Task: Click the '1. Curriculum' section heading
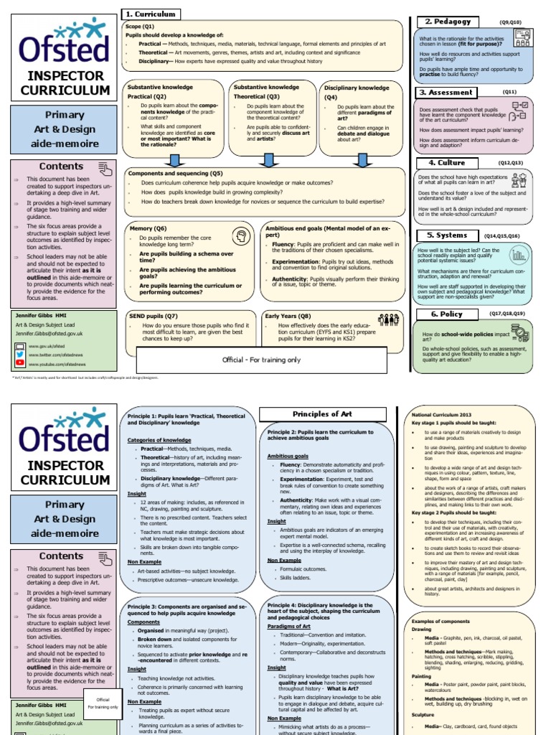[x=151, y=14]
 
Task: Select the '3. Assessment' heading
[x=446, y=93]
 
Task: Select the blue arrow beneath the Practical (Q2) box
[x=171, y=159]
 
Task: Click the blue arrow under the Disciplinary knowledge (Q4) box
[x=362, y=159]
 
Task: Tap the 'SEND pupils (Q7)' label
[x=153, y=316]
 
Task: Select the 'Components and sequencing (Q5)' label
[x=176, y=174]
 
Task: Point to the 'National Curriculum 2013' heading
[x=442, y=415]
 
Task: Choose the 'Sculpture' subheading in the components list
[x=423, y=715]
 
